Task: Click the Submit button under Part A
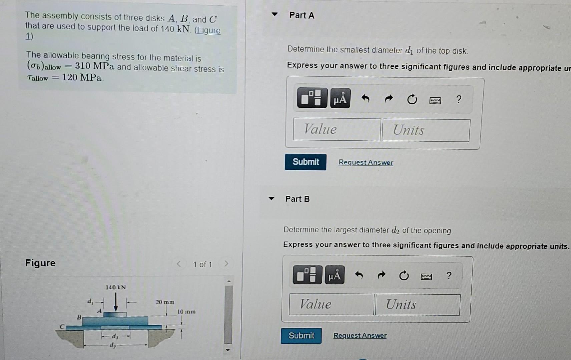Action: click(306, 162)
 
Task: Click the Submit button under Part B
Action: click(301, 336)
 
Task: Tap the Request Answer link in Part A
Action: click(366, 162)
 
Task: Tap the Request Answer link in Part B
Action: click(360, 336)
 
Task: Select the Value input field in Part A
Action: click(337, 129)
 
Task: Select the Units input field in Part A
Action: click(426, 130)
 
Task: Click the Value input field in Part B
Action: click(331, 304)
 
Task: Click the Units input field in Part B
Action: click(417, 305)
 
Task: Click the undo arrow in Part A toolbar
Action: click(366, 99)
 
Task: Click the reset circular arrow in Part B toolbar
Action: click(404, 276)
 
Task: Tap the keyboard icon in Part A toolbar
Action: click(435, 100)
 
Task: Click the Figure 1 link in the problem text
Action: click(207, 30)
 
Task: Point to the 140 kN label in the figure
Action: click(116, 287)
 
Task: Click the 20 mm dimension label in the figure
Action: click(165, 302)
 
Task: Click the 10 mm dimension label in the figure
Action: click(186, 312)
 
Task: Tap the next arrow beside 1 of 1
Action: click(226, 264)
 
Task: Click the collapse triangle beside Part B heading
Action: click(271, 199)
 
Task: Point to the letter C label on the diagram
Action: click(62, 326)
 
